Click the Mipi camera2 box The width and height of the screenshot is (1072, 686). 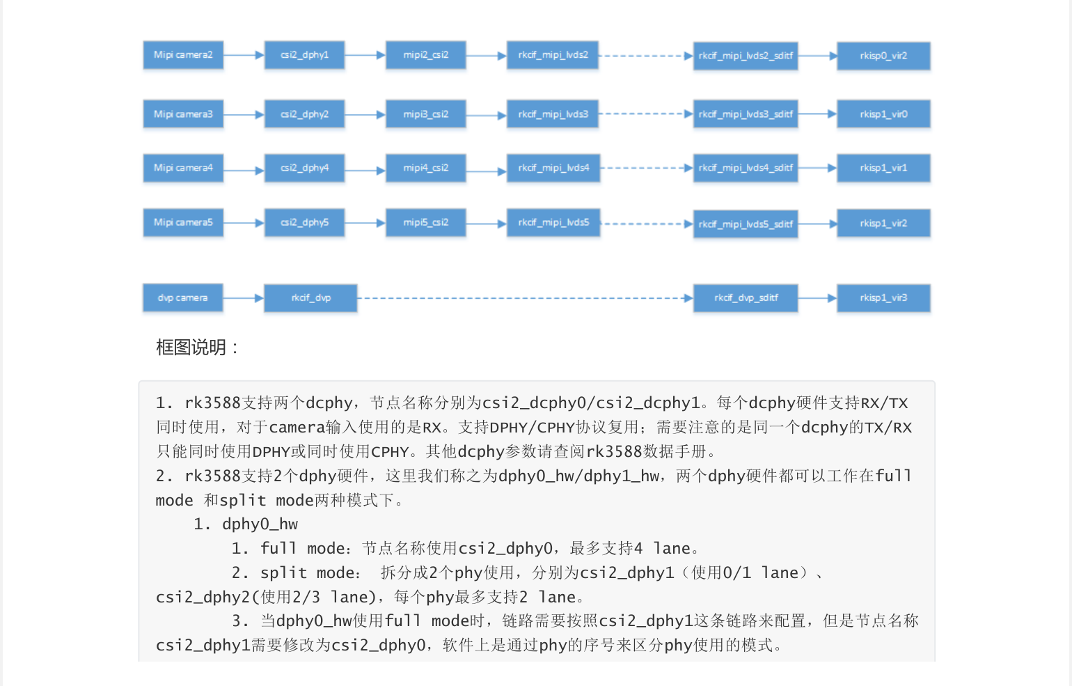[x=183, y=55]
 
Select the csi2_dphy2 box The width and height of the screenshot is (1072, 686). [x=304, y=114]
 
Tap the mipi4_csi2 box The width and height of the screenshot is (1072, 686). [x=425, y=168]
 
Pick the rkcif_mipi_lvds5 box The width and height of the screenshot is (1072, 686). [x=553, y=223]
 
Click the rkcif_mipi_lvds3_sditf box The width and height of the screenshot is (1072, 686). [x=746, y=114]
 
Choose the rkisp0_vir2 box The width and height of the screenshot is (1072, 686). [x=883, y=56]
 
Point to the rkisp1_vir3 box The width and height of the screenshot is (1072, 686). [x=883, y=298]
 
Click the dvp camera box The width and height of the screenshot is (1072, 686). [x=182, y=298]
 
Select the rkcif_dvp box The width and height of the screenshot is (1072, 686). [x=310, y=298]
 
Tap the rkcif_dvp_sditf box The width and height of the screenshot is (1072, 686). [x=746, y=298]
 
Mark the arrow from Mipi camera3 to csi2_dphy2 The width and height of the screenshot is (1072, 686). [x=244, y=114]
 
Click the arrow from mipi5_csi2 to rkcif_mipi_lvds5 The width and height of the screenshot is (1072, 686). [x=486, y=224]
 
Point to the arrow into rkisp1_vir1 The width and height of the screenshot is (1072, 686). [x=817, y=168]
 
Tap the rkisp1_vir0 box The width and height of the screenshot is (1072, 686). [x=883, y=114]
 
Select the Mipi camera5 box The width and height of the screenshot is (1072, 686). [x=183, y=223]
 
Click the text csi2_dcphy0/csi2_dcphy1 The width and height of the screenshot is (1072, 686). [x=591, y=403]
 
